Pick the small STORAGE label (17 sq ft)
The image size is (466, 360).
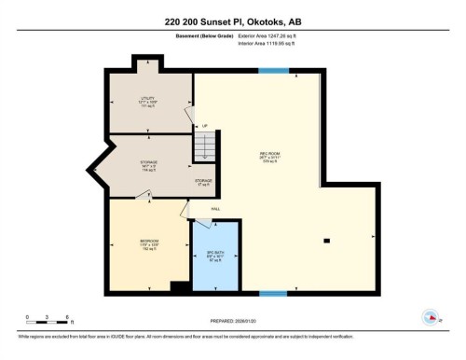[x=203, y=182]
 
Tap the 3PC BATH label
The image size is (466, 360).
[x=216, y=254]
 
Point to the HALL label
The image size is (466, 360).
[x=215, y=209]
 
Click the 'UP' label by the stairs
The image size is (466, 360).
[x=204, y=127]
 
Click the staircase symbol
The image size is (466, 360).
[x=205, y=147]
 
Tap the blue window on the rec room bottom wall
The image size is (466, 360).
[x=272, y=293]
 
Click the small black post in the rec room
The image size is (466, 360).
[x=327, y=241]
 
